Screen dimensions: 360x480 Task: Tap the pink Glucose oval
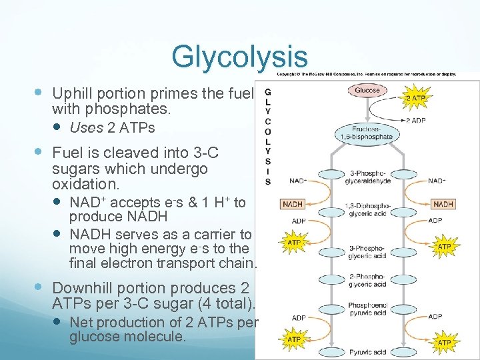(x=367, y=90)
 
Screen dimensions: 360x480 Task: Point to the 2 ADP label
(x=417, y=121)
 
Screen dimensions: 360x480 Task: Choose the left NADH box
(x=293, y=204)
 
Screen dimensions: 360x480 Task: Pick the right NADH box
(x=443, y=204)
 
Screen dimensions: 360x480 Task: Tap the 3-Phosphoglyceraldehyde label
(x=367, y=176)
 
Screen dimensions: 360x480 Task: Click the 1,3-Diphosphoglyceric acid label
(x=367, y=210)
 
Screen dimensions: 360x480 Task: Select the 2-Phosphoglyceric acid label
(x=367, y=280)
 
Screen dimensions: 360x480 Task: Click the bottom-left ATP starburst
(x=293, y=339)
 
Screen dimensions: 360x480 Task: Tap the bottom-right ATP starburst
(x=444, y=343)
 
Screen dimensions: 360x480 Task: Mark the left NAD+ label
(x=298, y=181)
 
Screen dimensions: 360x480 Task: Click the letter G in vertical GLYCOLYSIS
(x=267, y=91)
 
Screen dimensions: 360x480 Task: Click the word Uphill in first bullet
(x=74, y=93)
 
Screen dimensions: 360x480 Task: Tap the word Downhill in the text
(x=86, y=288)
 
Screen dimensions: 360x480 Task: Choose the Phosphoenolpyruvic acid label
(x=367, y=309)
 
